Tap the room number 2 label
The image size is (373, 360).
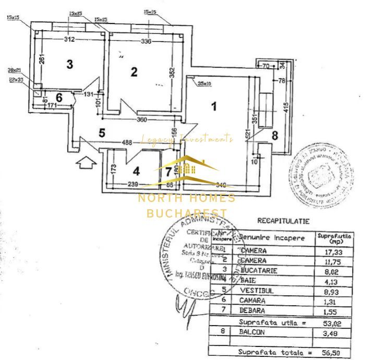pos(134,72)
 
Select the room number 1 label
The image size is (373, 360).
pos(213,106)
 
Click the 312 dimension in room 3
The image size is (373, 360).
pos(70,39)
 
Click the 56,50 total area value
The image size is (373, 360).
pos(332,353)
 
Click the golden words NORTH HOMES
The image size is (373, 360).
pos(186,198)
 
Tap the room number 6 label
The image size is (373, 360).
pos(59,97)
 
